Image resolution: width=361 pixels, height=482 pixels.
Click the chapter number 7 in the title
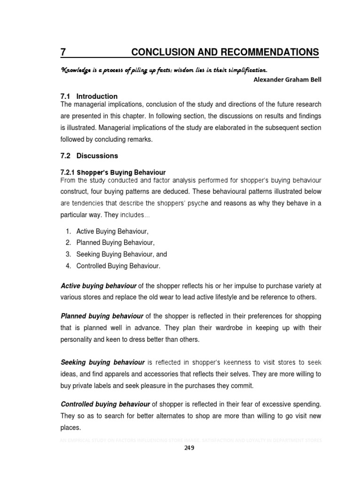(63, 52)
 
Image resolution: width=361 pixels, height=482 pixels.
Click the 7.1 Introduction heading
(89, 96)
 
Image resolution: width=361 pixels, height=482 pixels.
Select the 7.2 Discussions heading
(90, 156)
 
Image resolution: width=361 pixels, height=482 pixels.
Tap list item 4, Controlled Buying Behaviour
(118, 266)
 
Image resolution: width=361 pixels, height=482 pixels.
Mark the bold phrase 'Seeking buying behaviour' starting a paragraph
(102, 362)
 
